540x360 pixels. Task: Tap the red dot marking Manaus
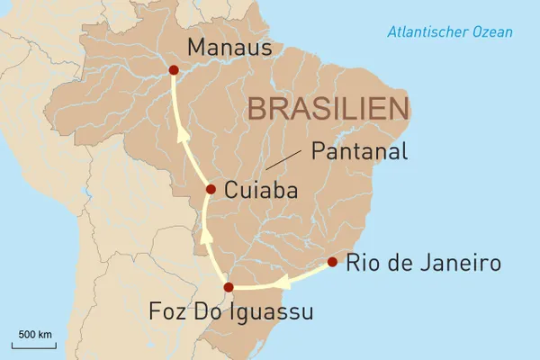click(173, 69)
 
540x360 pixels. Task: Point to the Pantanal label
click(358, 151)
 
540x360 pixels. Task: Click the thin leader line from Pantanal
click(285, 160)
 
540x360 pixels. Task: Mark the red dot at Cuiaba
click(211, 189)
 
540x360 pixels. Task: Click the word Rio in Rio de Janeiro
click(363, 265)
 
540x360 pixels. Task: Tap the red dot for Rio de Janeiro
click(332, 262)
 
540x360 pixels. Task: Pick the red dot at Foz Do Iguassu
click(229, 287)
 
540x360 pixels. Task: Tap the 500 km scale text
click(34, 335)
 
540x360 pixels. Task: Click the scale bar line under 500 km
click(34, 345)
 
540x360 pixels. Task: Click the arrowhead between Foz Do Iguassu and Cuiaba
click(206, 236)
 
